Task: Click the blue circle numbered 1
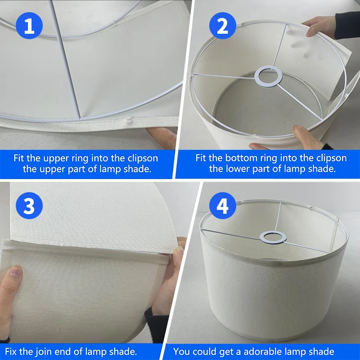click(29, 26)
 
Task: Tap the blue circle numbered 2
click(222, 26)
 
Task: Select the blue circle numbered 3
click(29, 206)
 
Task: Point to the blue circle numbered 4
click(222, 206)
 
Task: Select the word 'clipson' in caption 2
click(332, 158)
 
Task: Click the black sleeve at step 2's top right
click(347, 25)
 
